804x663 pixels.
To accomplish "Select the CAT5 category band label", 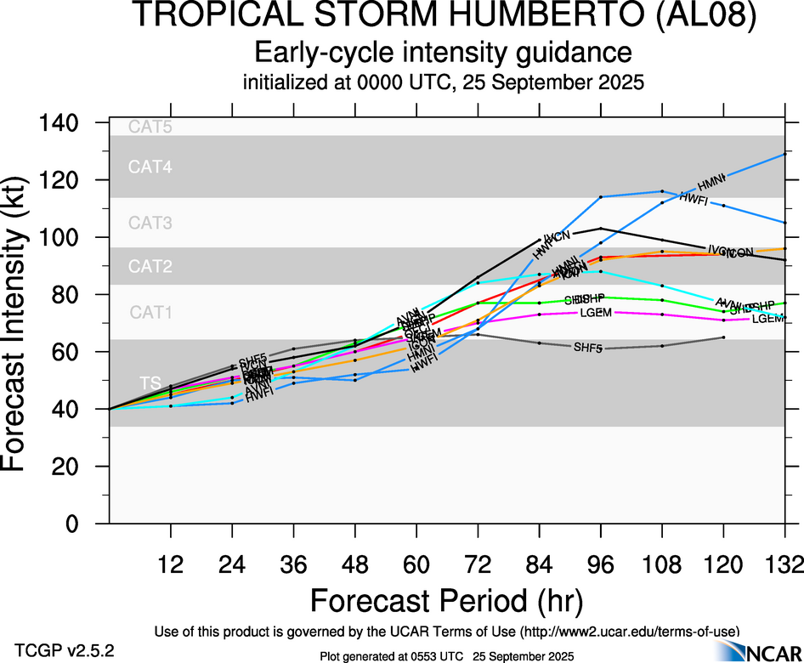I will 150,127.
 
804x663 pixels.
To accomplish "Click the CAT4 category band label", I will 150,167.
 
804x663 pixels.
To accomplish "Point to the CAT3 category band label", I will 150,224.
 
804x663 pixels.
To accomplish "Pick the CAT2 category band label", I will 150,267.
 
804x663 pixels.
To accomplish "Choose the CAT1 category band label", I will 150,312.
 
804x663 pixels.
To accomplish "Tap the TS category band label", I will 150,384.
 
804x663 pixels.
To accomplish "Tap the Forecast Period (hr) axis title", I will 446,600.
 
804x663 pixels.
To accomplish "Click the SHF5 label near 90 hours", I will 589,347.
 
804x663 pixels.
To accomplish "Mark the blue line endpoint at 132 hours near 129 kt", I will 784,154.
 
